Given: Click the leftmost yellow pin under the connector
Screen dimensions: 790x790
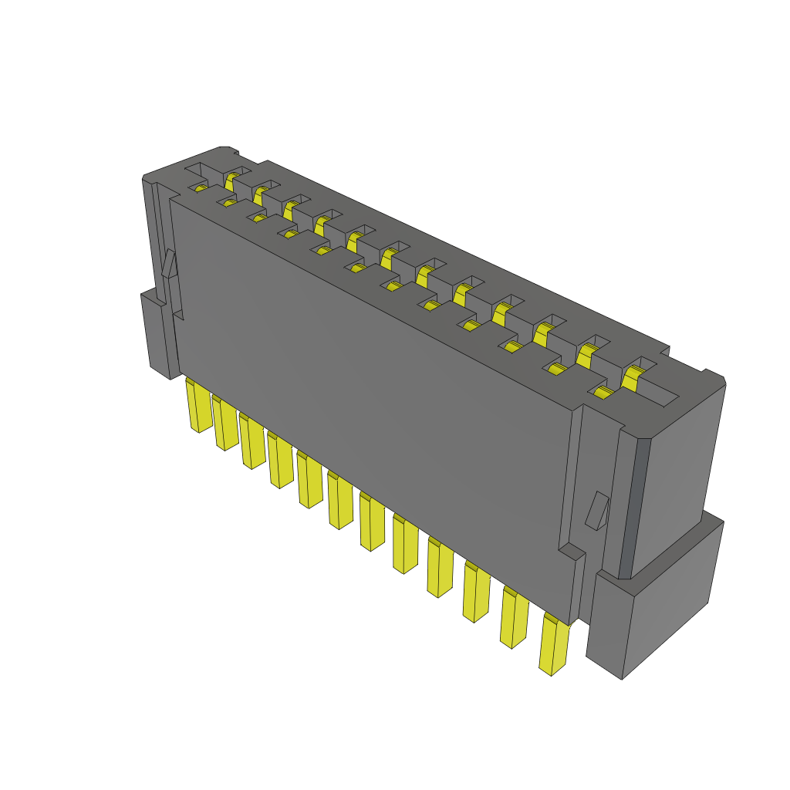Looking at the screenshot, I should pos(197,406).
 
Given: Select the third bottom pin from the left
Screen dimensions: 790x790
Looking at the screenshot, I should pos(252,441).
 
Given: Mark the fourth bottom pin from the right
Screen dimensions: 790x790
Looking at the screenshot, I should pos(440,568).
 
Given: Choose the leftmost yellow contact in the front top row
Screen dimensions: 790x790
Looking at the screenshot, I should pos(201,187).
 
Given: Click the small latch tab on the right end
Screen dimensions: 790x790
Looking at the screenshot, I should pos(597,511).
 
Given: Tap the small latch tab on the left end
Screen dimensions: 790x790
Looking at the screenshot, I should pos(169,264).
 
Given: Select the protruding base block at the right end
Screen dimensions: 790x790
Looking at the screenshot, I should pos(656,602).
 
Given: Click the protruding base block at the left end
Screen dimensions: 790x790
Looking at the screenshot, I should pos(158,336).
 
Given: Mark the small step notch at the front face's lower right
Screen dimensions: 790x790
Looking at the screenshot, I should pos(572,552).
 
